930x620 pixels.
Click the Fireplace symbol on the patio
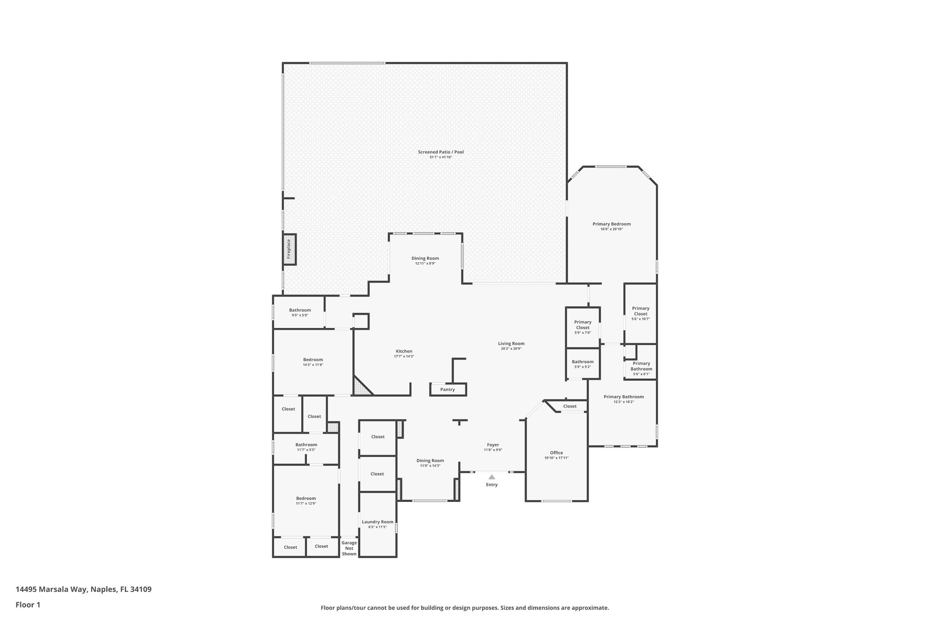(x=289, y=249)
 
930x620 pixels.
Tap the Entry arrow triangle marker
(x=492, y=477)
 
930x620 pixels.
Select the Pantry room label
(x=447, y=389)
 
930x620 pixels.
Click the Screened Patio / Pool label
(x=440, y=152)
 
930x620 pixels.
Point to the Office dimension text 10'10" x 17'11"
(x=556, y=458)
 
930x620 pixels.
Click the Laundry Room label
(x=377, y=522)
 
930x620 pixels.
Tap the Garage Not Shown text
(x=349, y=548)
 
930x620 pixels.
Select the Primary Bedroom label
(x=611, y=224)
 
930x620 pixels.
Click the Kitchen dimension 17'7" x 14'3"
(x=404, y=356)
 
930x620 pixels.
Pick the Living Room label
(x=511, y=343)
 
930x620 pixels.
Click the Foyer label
(x=493, y=445)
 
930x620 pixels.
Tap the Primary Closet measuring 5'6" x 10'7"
(x=640, y=311)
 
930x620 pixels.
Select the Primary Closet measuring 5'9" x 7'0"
(x=583, y=325)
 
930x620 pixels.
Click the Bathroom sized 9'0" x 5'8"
(x=300, y=310)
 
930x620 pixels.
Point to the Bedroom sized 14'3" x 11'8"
(x=313, y=360)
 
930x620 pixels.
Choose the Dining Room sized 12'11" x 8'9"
(x=425, y=258)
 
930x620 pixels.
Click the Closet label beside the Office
(x=569, y=406)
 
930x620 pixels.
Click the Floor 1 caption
(x=28, y=605)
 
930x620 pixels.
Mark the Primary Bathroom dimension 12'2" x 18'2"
(x=623, y=402)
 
